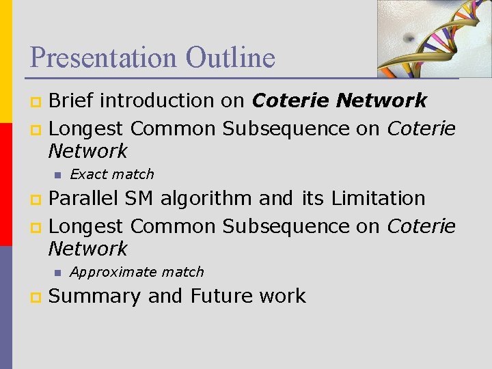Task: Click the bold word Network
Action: (382, 100)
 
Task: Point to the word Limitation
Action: (378, 199)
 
